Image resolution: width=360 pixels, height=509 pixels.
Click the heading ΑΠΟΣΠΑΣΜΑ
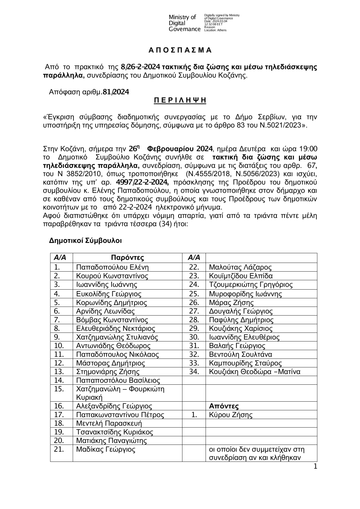pos(180,50)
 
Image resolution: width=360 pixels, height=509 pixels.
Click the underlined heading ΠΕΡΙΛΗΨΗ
pos(180,101)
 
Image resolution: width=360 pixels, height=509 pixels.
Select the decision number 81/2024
pos(116,92)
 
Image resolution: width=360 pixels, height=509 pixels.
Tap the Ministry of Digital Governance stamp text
pos(184,23)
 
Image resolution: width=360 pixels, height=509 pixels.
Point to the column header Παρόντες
pos(127,258)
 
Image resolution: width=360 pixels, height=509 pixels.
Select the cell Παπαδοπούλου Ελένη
pos(112,267)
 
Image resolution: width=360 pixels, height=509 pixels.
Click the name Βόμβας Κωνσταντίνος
pos(112,320)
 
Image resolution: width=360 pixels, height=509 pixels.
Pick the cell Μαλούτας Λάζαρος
pos(240,267)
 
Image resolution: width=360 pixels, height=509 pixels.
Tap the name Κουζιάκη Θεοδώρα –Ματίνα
pos(255,372)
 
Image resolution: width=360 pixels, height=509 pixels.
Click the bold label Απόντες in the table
pos(224,406)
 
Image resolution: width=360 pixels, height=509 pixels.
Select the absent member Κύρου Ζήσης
pos(231,415)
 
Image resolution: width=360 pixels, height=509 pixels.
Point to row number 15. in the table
pos(59,389)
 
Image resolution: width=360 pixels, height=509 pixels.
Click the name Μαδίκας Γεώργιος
pos(105,450)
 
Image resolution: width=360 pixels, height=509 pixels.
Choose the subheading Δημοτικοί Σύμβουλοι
pos(85,240)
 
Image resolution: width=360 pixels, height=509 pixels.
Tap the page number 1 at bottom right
pos(315,467)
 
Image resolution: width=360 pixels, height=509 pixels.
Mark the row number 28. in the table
pos(194,320)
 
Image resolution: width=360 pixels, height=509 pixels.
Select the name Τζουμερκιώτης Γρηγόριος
pos(251,285)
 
